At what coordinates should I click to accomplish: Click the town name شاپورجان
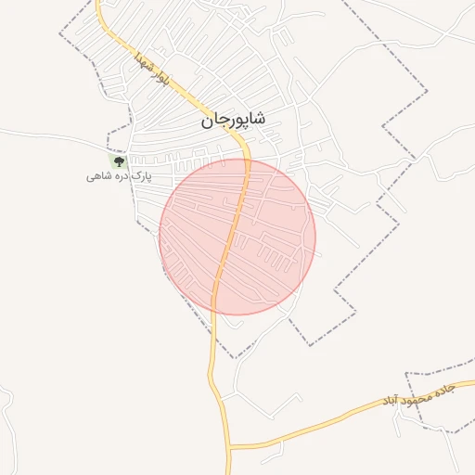(232, 120)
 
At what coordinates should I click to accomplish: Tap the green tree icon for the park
(118, 162)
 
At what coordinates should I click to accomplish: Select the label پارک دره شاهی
(118, 175)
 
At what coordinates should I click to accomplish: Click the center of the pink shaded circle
(237, 237)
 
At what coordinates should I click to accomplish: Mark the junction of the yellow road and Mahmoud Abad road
(228, 447)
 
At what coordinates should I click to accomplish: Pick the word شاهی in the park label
(98, 175)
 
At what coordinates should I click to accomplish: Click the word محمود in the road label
(419, 395)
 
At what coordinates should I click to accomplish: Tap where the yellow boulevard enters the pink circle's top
(249, 160)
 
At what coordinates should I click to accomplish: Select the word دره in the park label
(117, 175)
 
